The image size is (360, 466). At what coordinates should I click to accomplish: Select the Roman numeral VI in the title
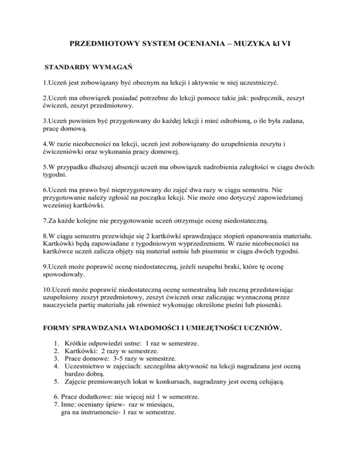[292, 47]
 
